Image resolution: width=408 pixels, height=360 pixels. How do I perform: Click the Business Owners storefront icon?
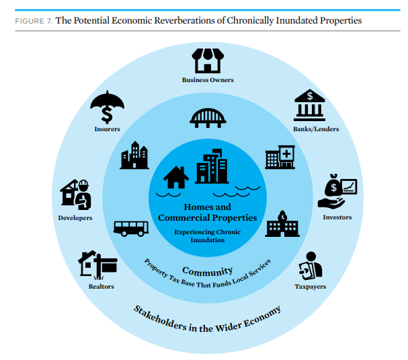207,61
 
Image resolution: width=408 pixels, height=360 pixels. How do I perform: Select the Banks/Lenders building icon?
310,106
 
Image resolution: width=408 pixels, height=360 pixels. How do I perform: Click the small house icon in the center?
177,178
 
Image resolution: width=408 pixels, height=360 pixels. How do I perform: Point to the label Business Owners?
208,80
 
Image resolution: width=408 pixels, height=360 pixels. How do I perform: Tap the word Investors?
337,217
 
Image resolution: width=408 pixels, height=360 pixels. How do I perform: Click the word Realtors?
101,287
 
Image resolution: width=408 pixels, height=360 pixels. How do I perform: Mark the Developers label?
75,218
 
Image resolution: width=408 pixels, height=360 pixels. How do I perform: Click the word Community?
207,271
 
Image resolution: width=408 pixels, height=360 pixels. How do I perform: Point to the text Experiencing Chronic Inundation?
207,236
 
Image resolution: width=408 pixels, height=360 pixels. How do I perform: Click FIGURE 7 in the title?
32,21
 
